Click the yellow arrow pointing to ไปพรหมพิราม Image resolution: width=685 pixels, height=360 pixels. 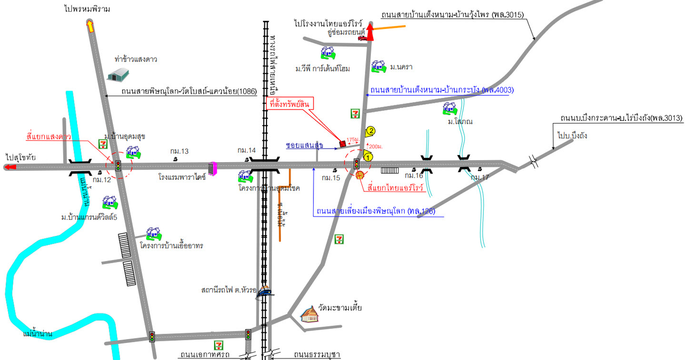[x=90, y=26]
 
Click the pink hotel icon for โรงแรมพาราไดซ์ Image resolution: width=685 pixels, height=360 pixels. [x=212, y=168]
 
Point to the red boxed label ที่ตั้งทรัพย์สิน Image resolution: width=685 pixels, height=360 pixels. [x=290, y=104]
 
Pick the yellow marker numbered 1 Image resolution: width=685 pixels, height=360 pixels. [x=367, y=156]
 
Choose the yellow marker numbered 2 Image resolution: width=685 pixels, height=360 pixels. [x=370, y=130]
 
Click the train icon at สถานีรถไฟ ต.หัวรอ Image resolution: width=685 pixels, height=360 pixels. [x=264, y=292]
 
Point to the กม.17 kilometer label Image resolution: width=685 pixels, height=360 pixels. [x=480, y=177]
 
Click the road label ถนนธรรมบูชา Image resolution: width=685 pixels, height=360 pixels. [x=317, y=355]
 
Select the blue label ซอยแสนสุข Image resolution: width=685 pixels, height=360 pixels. [x=305, y=145]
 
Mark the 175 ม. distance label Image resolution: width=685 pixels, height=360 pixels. [x=352, y=139]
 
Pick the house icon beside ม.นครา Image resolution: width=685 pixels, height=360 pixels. [x=378, y=66]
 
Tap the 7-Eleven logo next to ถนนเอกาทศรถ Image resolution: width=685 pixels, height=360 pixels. [x=218, y=345]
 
